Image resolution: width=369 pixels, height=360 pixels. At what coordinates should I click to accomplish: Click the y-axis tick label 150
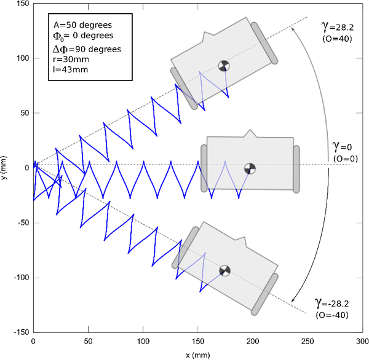click(22, 4)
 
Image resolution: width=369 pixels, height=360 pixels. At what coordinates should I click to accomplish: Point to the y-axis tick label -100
click(20, 277)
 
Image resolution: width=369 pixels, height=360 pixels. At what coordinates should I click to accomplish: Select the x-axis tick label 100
click(143, 342)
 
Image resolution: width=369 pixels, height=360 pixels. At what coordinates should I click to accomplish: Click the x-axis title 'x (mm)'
click(196, 355)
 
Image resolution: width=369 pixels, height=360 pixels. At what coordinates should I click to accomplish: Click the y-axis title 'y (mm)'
click(6, 167)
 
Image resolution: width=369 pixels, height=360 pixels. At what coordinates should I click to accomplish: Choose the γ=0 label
click(341, 147)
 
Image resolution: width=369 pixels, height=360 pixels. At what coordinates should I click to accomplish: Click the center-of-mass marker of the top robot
click(224, 65)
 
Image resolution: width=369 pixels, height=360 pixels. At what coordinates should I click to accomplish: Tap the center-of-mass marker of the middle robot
click(249, 168)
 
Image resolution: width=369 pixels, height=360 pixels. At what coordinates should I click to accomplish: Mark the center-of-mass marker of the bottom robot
click(224, 270)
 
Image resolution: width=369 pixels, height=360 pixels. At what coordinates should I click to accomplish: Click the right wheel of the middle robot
click(296, 167)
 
